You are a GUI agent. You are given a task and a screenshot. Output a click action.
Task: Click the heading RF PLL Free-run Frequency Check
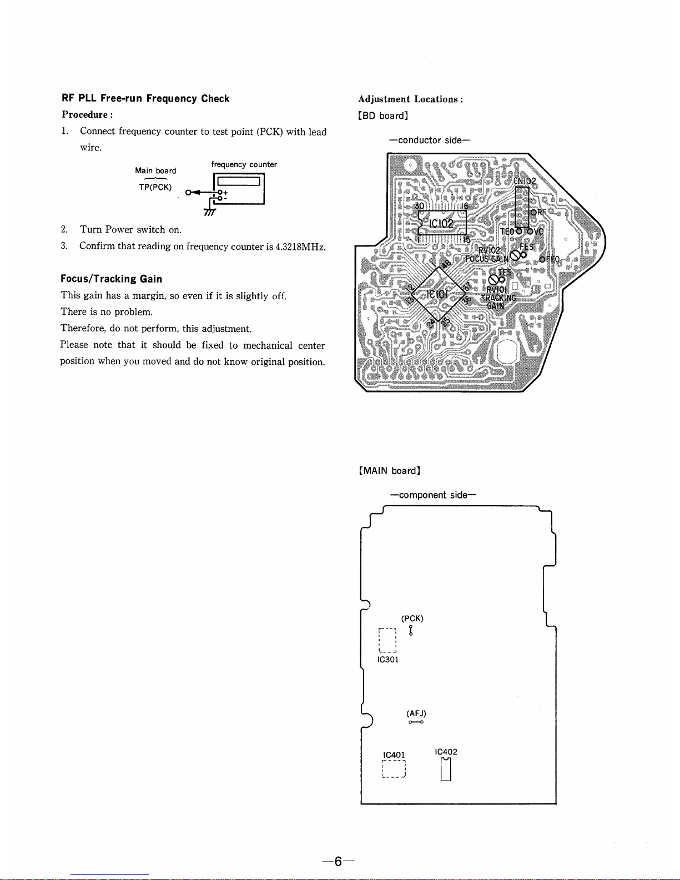coord(145,98)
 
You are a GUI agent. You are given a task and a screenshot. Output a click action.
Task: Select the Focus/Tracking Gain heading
coord(111,279)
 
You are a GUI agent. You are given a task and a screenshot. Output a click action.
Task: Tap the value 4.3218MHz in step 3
coord(300,247)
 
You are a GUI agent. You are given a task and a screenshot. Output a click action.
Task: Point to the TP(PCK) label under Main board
coord(155,187)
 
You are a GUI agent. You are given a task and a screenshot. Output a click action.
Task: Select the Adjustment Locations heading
coord(410,99)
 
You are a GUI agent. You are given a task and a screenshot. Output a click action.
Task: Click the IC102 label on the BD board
coord(441,224)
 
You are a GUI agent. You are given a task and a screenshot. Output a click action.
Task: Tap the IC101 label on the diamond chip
coord(437,293)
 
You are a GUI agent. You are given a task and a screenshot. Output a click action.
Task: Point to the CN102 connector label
coord(524,181)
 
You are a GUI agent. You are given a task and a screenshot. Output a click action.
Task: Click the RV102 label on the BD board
coord(489,250)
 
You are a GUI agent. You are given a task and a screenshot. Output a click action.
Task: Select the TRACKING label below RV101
coord(498,298)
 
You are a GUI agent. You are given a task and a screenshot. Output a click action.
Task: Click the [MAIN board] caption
coord(390,471)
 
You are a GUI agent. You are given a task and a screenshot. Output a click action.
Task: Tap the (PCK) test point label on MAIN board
coord(412,618)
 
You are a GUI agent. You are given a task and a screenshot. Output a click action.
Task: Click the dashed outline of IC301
coord(387,640)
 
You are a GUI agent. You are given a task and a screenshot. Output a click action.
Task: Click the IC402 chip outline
coord(445,770)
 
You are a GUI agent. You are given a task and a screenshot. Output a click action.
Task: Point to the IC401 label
coord(394,755)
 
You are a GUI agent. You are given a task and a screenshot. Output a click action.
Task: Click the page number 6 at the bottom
coord(338,861)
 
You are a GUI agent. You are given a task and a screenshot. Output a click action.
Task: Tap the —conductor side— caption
coord(430,140)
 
